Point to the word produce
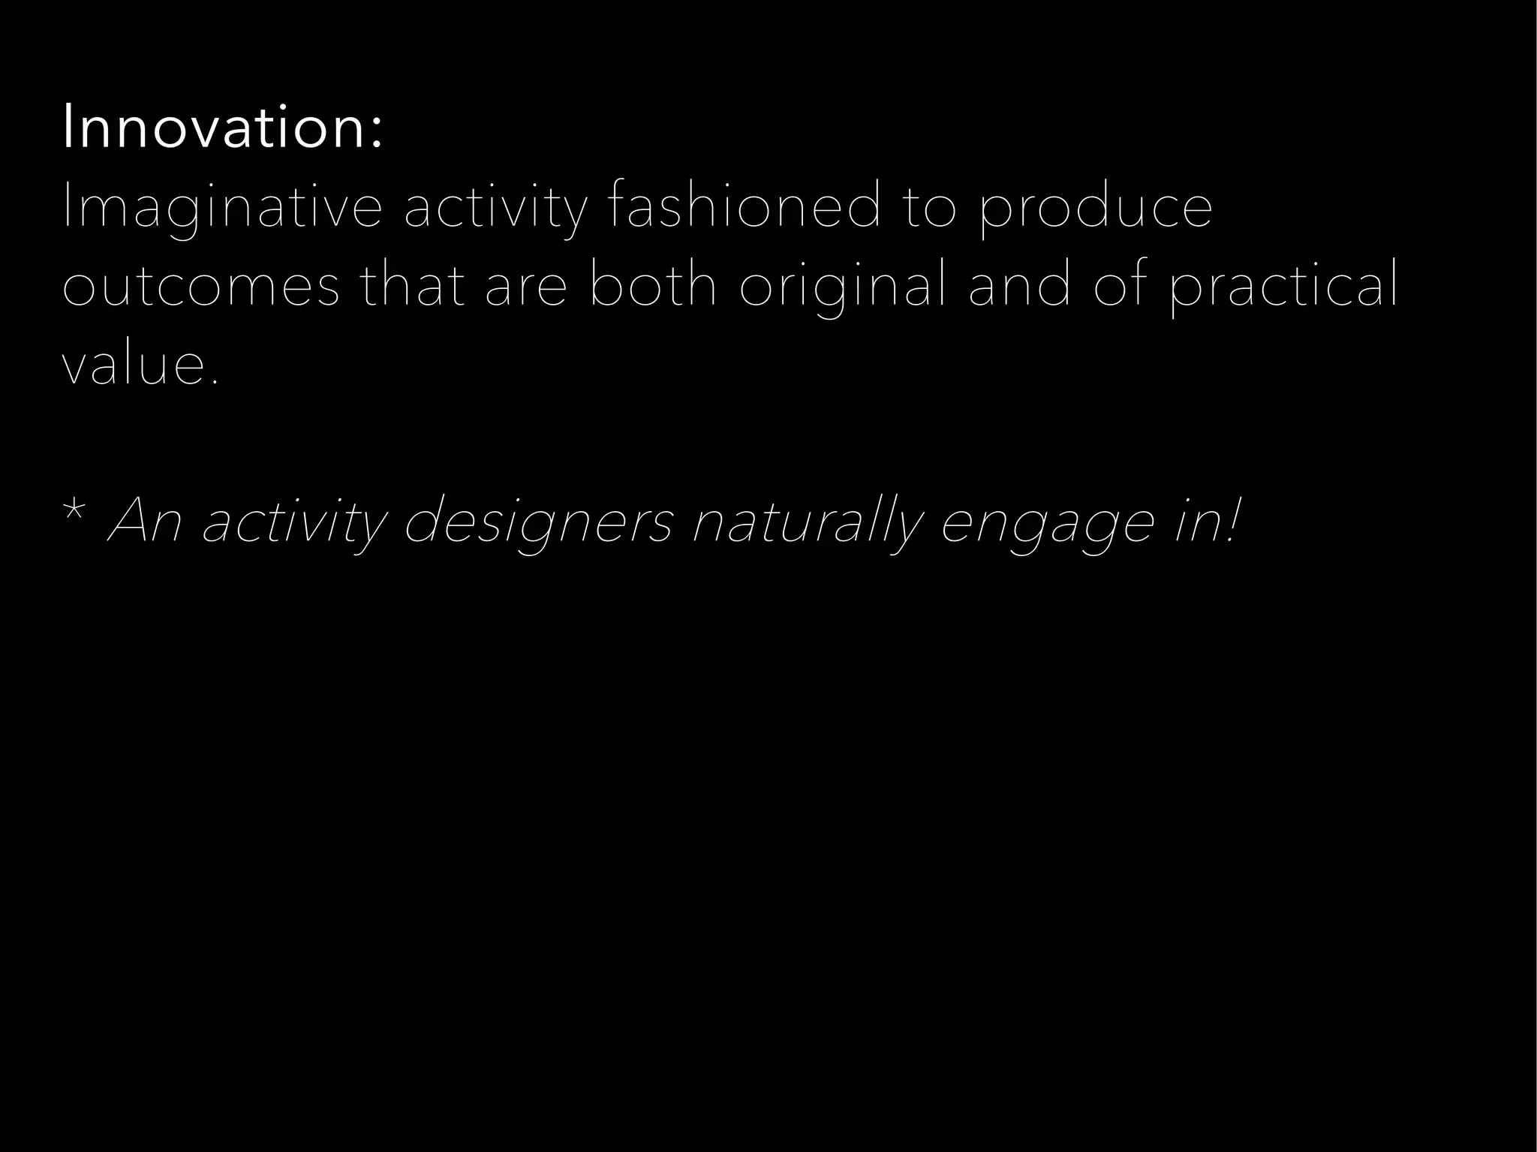(1095, 209)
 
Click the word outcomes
(200, 287)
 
